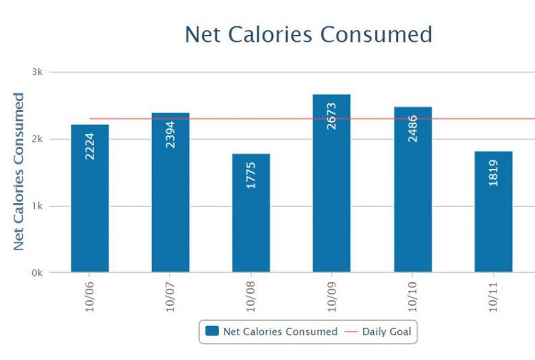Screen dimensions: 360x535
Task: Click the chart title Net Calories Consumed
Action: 308,34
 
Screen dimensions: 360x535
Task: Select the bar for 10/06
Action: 90,207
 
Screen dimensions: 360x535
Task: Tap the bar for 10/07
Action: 170,200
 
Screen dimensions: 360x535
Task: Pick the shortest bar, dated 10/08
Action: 251,221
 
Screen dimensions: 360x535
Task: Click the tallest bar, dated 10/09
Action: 332,192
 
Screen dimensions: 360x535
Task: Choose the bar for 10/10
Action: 412,200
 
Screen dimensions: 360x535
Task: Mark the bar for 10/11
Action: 493,221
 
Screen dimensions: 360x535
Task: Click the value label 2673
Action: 332,115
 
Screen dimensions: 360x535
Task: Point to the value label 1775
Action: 251,175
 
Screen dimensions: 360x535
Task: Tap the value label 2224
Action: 90,145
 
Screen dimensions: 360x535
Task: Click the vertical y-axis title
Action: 19,171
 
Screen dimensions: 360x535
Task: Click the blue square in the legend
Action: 212,331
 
